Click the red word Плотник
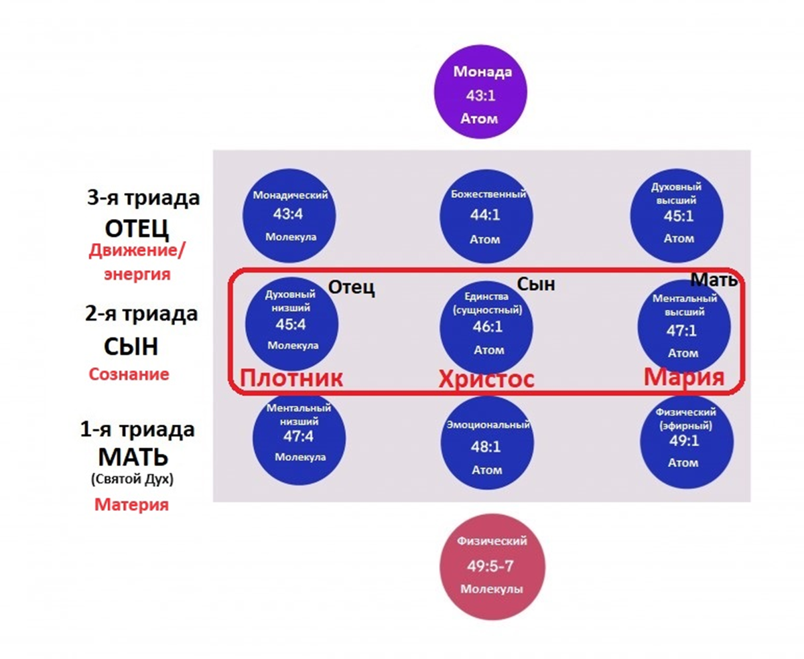pos(291,378)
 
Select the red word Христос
pos(486,379)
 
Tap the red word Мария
pos(684,378)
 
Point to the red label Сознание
pos(129,374)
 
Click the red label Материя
pos(131,504)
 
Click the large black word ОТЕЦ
pos(137,228)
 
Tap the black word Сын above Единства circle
pos(536,285)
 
